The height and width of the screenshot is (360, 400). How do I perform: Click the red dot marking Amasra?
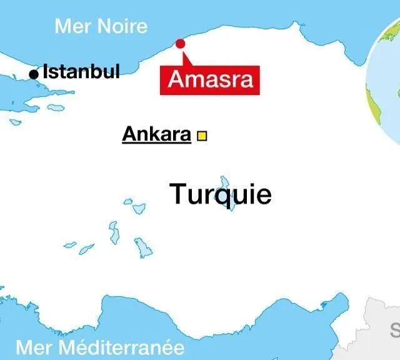181,43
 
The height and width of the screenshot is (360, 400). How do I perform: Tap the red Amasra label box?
211,79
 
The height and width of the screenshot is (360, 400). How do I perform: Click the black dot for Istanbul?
34,74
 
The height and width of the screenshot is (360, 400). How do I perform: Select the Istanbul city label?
81,71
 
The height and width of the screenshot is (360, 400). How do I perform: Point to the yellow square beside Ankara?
202,135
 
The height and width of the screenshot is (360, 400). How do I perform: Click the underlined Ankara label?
156,134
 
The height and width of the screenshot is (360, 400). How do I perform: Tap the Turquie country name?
221,194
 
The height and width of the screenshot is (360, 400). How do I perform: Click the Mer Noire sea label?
101,26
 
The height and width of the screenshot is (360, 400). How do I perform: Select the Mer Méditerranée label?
100,347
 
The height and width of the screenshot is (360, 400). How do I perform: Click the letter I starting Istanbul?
46,71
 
